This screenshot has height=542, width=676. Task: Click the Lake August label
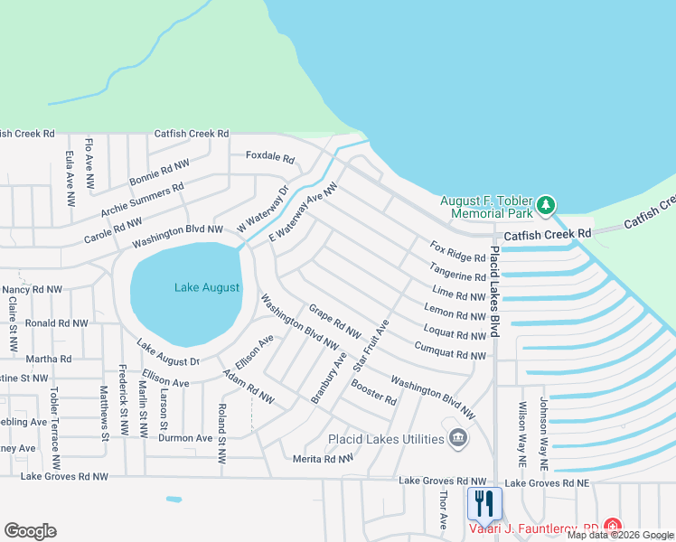(x=208, y=287)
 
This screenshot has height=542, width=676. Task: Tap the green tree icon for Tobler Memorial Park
(x=545, y=205)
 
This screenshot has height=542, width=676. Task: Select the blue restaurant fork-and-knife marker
(x=484, y=504)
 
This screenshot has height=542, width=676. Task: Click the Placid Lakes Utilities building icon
(x=458, y=438)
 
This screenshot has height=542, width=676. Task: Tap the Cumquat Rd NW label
(x=450, y=351)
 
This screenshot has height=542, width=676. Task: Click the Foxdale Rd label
(x=270, y=156)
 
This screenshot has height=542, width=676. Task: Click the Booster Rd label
(x=373, y=394)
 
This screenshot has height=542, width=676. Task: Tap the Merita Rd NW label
(x=323, y=460)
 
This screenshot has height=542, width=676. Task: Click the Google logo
(x=30, y=531)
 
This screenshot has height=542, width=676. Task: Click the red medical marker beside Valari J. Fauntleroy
(x=612, y=526)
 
